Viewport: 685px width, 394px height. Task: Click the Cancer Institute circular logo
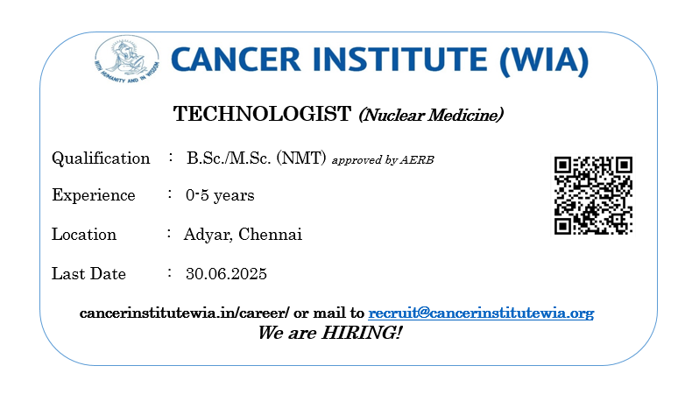point(127,60)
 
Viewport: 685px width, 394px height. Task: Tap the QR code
point(593,195)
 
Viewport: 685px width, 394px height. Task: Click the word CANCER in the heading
point(236,60)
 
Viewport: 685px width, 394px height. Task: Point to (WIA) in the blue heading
point(544,60)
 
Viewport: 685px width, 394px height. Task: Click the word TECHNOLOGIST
point(262,114)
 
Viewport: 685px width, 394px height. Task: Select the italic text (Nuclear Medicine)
point(431,115)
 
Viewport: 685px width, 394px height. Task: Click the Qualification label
point(101,158)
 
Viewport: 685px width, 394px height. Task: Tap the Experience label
point(94,195)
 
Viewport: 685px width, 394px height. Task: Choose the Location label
point(84,235)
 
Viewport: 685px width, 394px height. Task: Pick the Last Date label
point(88,274)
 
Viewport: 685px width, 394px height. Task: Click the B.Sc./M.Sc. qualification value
point(229,158)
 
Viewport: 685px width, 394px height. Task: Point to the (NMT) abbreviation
point(301,158)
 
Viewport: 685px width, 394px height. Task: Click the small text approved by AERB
point(383,160)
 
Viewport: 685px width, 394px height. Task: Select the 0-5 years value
point(220,195)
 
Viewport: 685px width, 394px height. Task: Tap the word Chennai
point(270,235)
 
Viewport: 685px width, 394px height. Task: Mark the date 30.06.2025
point(226,274)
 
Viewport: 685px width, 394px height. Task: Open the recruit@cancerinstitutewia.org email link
point(481,313)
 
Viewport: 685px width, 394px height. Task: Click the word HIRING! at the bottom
point(362,333)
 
